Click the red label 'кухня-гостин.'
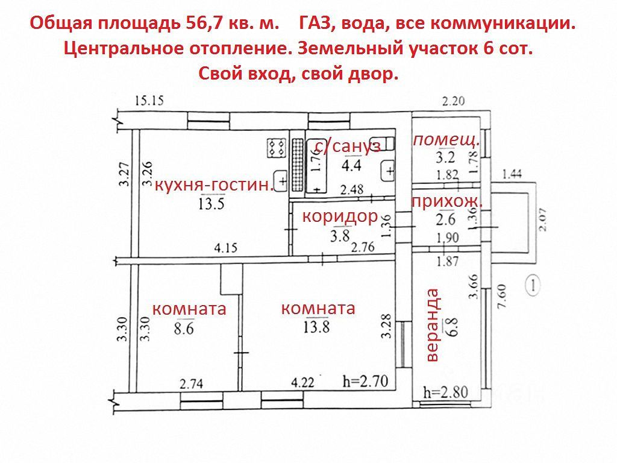point(215,185)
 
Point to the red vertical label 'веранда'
point(433,326)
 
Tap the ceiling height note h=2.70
point(367,381)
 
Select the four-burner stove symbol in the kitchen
point(277,148)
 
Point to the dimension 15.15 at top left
point(149,101)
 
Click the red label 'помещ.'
point(446,140)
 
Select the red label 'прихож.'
point(448,201)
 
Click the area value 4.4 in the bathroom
point(352,164)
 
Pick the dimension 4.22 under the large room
point(304,381)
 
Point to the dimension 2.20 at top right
point(453,101)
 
